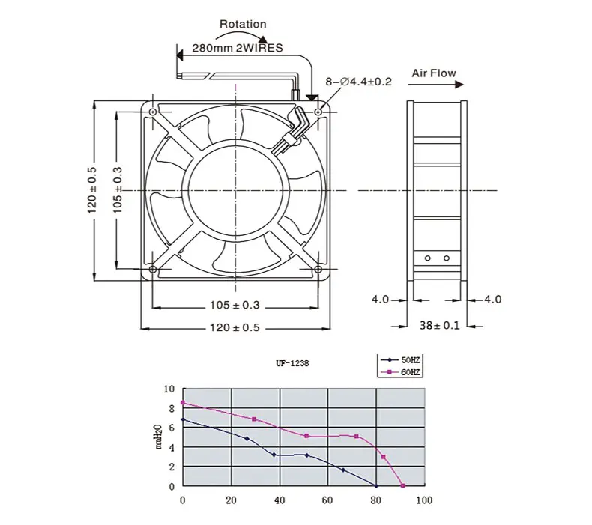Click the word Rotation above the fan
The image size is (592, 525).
[x=242, y=24]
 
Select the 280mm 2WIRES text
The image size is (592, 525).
[x=238, y=48]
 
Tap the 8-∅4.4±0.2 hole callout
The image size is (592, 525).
[x=358, y=82]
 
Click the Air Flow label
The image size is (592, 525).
[x=433, y=73]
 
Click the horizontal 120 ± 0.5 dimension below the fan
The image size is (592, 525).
[x=236, y=328]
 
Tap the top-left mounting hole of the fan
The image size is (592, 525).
[x=153, y=112]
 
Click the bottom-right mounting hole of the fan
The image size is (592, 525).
[x=318, y=270]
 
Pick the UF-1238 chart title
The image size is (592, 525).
[x=291, y=364]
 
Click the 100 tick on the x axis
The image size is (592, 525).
[x=424, y=501]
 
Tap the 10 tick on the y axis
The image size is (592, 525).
[x=169, y=389]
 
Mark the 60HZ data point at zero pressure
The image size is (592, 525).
[x=402, y=485]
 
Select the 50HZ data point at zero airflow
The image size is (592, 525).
[x=183, y=420]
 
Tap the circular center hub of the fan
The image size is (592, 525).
[x=235, y=190]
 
